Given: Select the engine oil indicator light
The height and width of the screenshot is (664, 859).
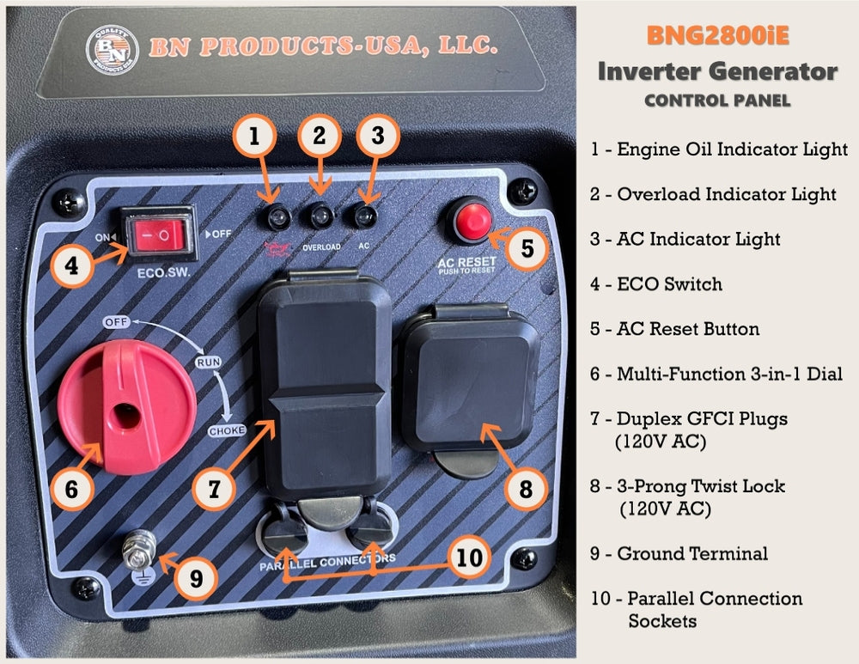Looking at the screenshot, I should pyautogui.click(x=277, y=218).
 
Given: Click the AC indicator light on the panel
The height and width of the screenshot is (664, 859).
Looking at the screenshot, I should pyautogui.click(x=366, y=216).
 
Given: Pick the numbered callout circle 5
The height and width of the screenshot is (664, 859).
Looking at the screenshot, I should pyautogui.click(x=527, y=247).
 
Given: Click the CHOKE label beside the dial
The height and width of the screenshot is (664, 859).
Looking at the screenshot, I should pyautogui.click(x=227, y=430).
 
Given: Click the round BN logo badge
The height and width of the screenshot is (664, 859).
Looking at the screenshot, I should pyautogui.click(x=112, y=49).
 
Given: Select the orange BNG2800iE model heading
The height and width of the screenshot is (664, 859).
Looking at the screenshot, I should pyautogui.click(x=717, y=36).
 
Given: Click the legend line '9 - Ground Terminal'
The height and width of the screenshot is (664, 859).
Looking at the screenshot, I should pyautogui.click(x=679, y=553).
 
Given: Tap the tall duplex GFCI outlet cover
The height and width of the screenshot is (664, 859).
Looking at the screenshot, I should pyautogui.click(x=324, y=387).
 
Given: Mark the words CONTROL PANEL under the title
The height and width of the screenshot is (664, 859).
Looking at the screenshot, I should pyautogui.click(x=717, y=101).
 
